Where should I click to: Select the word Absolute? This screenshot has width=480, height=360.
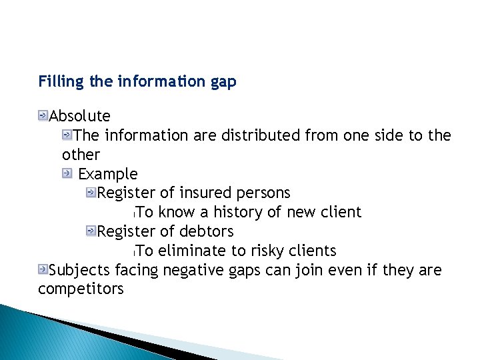(80, 117)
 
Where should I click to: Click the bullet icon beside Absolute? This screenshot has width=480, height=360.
(43, 117)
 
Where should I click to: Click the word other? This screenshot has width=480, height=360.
(81, 155)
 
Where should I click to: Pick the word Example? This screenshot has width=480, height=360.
(108, 175)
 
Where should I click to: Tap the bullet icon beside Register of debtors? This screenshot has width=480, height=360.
(91, 231)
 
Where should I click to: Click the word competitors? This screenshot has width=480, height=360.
(81, 289)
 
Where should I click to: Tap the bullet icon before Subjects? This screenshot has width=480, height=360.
(43, 269)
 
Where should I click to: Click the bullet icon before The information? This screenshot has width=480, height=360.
(67, 135)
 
